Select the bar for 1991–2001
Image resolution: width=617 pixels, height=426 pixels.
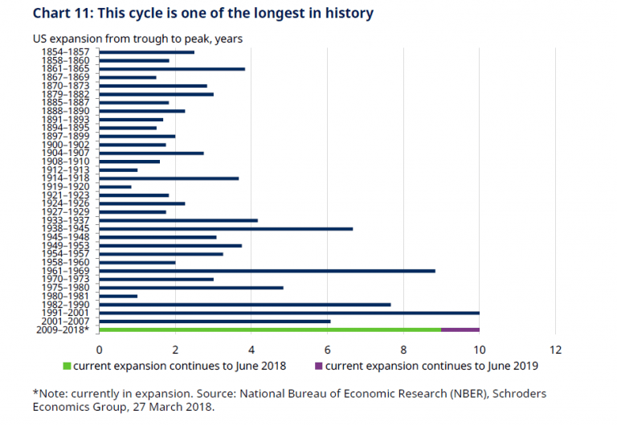pos(289,313)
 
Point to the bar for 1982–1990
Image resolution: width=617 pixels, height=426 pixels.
pos(244,305)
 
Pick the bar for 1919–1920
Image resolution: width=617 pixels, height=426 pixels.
pos(115,186)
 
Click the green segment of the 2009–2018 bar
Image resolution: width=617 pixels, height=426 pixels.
pos(270,330)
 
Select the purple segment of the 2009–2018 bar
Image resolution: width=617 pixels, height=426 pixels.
pos(460,330)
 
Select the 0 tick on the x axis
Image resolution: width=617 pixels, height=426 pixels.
pos(99,350)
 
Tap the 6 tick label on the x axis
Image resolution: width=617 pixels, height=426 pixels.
pos(327,350)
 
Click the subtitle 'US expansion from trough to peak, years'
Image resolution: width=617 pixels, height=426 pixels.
pos(137,38)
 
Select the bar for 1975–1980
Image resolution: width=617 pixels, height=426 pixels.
pos(191,288)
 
